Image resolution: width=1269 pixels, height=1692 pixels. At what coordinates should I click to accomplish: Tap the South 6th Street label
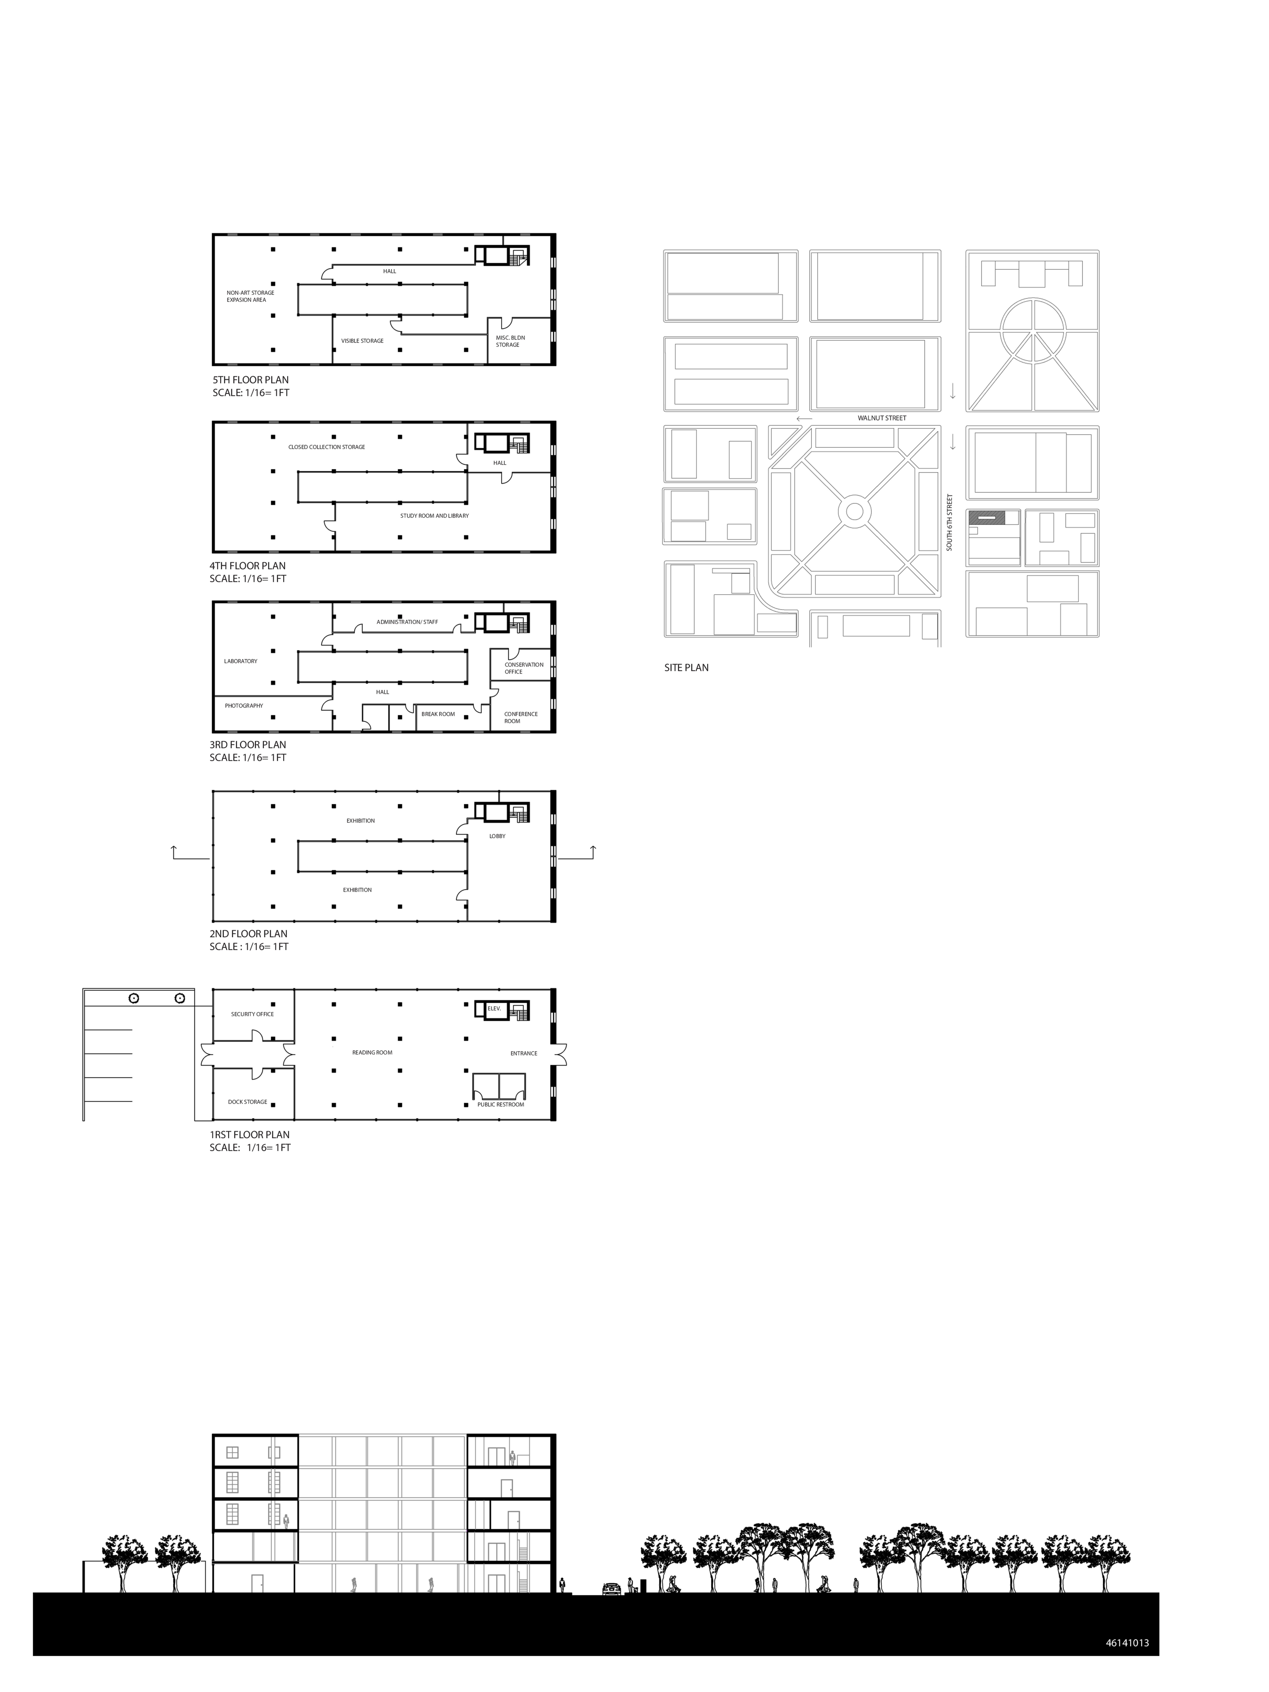pos(949,522)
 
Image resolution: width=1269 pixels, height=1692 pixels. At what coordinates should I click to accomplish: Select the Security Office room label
pos(252,1014)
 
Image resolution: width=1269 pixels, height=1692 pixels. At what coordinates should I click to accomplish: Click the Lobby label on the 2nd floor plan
pos(497,836)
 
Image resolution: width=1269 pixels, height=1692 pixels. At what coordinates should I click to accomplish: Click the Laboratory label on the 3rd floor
pos(241,661)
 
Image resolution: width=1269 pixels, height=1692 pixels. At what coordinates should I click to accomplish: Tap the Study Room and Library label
pos(434,516)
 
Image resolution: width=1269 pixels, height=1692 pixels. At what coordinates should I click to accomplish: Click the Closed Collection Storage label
pos(327,447)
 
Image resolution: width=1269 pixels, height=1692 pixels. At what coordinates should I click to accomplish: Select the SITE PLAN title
pos(686,668)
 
